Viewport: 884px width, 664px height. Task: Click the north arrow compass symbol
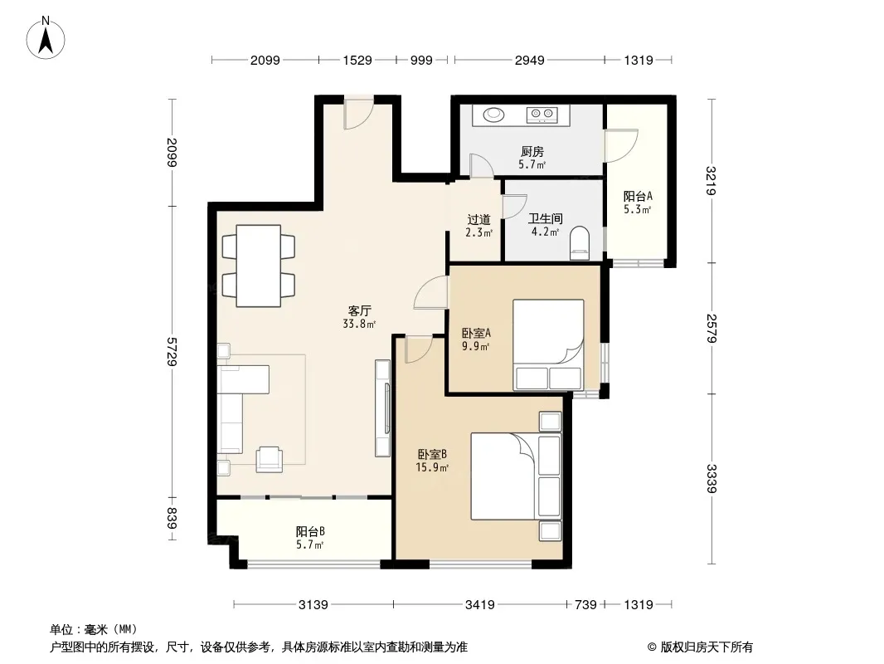pos(46,38)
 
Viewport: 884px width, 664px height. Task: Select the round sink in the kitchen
pos(494,115)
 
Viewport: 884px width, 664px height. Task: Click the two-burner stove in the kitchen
pos(542,115)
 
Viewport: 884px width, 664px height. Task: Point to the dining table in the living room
pos(259,266)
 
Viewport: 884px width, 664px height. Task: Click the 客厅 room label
pos(360,311)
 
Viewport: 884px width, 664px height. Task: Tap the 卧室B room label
pos(432,454)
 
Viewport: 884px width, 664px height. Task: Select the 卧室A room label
pos(476,333)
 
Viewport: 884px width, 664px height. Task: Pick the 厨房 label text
pos(532,151)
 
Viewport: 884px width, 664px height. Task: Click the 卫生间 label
pos(545,218)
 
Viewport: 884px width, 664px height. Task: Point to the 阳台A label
pos(638,197)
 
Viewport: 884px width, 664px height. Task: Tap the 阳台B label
pos(310,531)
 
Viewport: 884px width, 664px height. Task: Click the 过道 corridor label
pos(479,219)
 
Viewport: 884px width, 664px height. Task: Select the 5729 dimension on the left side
pos(172,351)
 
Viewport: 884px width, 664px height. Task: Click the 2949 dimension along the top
pos(529,60)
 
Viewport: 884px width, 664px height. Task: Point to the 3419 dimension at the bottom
pos(480,605)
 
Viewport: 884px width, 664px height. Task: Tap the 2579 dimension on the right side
pos(712,328)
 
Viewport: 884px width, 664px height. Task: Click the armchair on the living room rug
pos(270,459)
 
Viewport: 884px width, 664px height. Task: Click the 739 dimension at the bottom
pos(585,605)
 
